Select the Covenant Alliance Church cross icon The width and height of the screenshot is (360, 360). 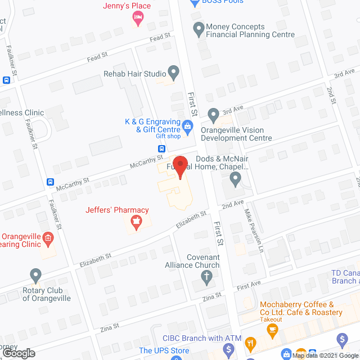pyautogui.click(x=207, y=276)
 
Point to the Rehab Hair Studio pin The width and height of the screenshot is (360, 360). pyautogui.click(x=174, y=73)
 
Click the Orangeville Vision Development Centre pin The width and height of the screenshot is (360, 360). pyautogui.click(x=213, y=115)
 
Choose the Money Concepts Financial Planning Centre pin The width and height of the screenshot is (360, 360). pyautogui.click(x=198, y=28)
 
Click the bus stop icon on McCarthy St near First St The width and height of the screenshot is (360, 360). pyautogui.click(x=161, y=149)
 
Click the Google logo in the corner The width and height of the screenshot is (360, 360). pyautogui.click(x=18, y=353)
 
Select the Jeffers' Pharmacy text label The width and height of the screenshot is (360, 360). pyautogui.click(x=117, y=210)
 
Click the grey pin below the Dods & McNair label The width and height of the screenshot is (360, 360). pyautogui.click(x=236, y=179)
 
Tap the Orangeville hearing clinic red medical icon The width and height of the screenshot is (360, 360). pyautogui.click(x=48, y=238)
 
